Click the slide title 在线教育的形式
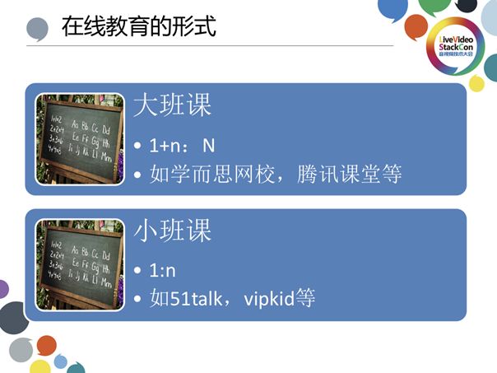coord(138,26)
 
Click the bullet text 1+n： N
coord(182,146)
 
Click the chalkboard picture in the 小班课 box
coord(80,264)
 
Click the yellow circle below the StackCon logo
coord(477,82)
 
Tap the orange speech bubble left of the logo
coord(416,26)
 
